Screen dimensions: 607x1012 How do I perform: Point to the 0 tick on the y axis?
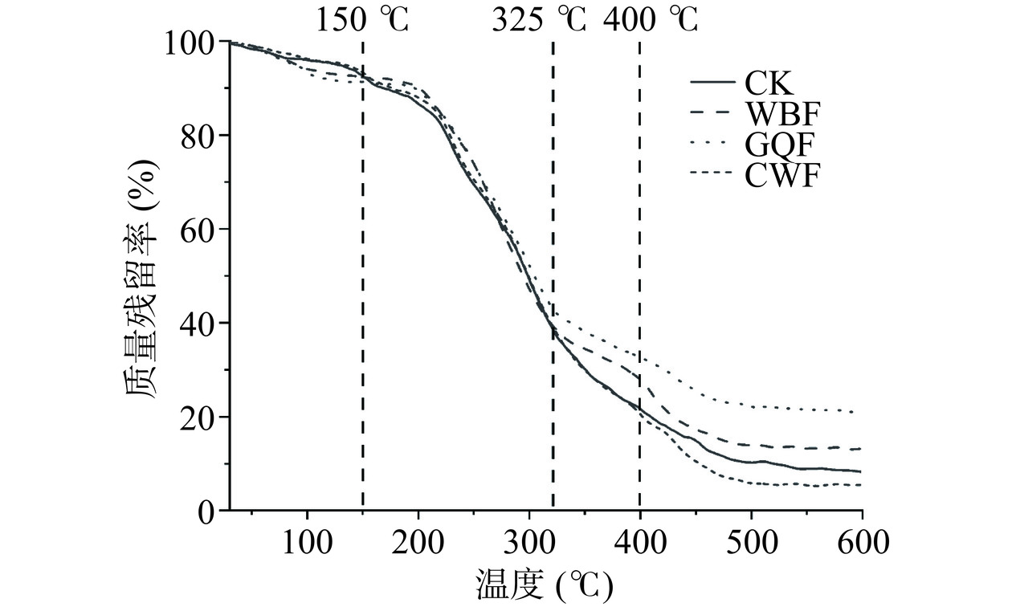(205, 511)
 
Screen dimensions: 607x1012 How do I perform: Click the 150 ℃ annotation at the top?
(362, 18)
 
